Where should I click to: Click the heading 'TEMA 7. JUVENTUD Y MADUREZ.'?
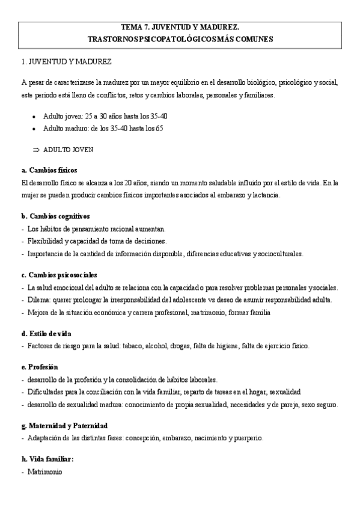point(180,28)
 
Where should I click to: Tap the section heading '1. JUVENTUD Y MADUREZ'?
point(66,62)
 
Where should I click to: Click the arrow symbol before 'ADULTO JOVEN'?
point(35,149)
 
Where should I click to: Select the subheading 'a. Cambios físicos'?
point(49,170)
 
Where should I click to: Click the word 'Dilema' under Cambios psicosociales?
point(38,300)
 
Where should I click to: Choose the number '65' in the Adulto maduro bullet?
point(159,129)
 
